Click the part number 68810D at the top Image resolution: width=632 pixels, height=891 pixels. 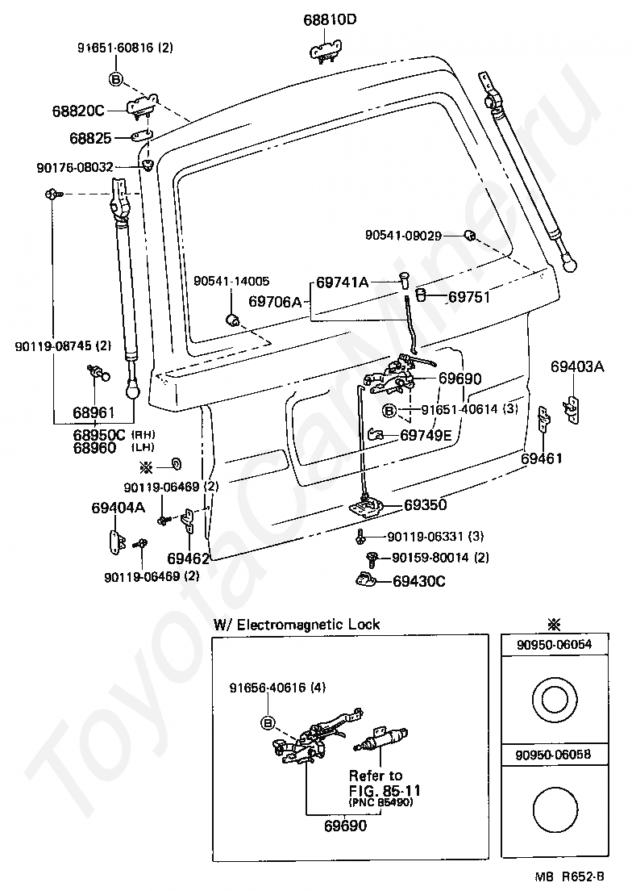(x=330, y=19)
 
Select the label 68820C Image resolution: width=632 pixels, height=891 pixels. (x=78, y=111)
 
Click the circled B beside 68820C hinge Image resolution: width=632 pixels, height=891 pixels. (x=116, y=79)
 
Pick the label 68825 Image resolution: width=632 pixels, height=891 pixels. (x=91, y=138)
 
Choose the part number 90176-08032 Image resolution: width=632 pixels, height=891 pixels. (x=75, y=167)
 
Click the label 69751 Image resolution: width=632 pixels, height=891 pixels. (x=468, y=297)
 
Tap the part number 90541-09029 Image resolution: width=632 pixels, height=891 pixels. (x=403, y=235)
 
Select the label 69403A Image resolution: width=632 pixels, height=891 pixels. (x=577, y=366)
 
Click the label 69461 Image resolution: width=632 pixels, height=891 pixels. (x=542, y=458)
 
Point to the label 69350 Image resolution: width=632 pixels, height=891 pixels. (x=426, y=504)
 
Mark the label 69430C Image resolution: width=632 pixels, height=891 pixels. (x=419, y=581)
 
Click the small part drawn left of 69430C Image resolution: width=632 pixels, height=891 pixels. (x=368, y=579)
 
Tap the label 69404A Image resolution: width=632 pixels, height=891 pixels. (x=118, y=508)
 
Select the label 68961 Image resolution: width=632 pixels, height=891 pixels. (x=94, y=412)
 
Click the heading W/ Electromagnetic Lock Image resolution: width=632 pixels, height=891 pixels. (x=297, y=624)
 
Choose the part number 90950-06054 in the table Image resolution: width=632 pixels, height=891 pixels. (x=555, y=644)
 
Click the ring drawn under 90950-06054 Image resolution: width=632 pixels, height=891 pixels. (x=555, y=700)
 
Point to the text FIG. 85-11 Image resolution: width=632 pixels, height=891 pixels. (x=385, y=790)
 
